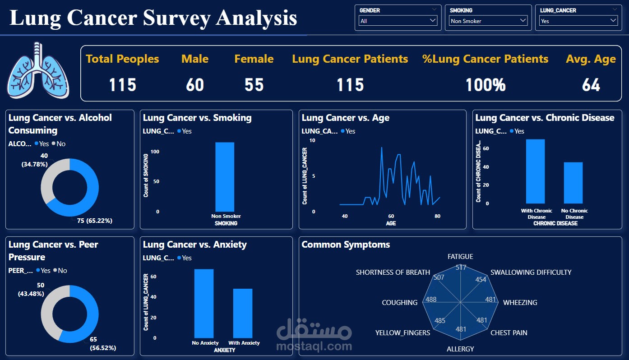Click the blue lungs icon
[x=38, y=70]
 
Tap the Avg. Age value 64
[x=591, y=85]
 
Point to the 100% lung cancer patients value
[x=486, y=85]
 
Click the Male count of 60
[x=195, y=85]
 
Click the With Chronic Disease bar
[x=535, y=171]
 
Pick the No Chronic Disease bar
[x=573, y=183]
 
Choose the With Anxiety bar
[x=243, y=313]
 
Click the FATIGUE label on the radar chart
[x=460, y=257]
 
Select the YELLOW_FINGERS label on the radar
[x=402, y=333]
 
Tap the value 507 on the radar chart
[x=438, y=277]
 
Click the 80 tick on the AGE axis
[x=437, y=216]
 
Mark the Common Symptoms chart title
[x=346, y=245]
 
